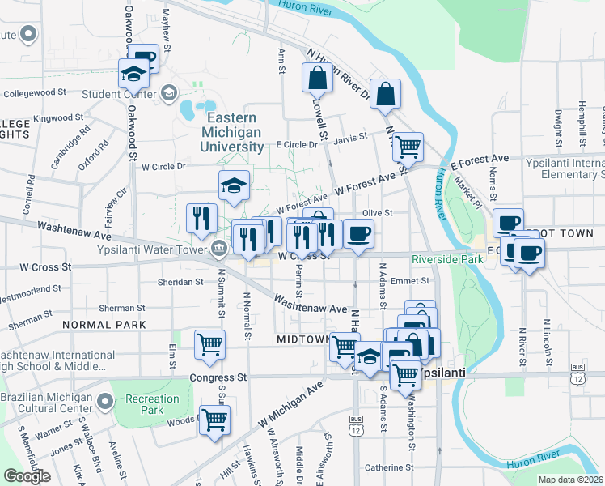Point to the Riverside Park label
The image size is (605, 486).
[x=446, y=260]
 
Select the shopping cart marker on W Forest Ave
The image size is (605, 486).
[x=408, y=147]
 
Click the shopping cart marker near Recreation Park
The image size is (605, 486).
[x=214, y=420]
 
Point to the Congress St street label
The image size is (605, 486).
[x=218, y=377]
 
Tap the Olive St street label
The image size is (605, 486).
[x=377, y=213]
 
